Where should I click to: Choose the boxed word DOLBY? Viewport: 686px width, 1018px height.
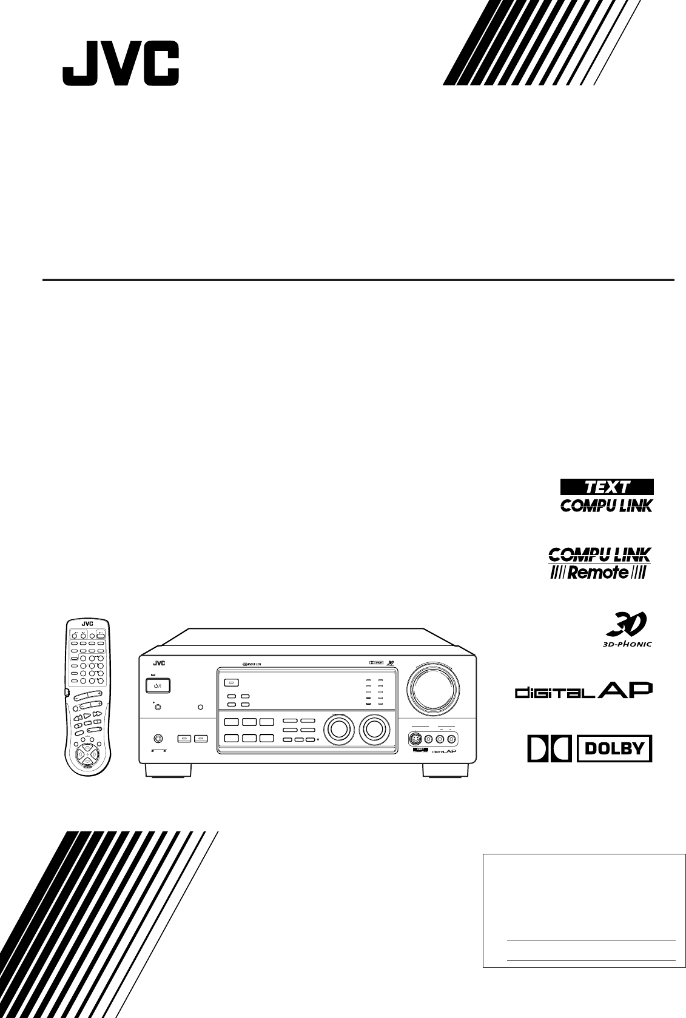(x=614, y=748)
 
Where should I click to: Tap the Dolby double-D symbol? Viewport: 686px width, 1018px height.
(x=550, y=748)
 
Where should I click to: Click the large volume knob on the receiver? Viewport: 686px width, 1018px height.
(x=431, y=690)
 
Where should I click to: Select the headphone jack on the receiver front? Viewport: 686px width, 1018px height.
(x=158, y=739)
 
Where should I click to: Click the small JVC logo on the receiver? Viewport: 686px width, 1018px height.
(x=160, y=664)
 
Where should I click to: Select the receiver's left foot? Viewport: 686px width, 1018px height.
(x=168, y=771)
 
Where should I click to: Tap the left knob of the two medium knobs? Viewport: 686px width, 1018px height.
(x=337, y=730)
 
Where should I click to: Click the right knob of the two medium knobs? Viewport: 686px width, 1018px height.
(x=373, y=730)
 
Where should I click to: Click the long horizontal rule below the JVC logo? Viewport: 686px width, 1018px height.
(x=358, y=280)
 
